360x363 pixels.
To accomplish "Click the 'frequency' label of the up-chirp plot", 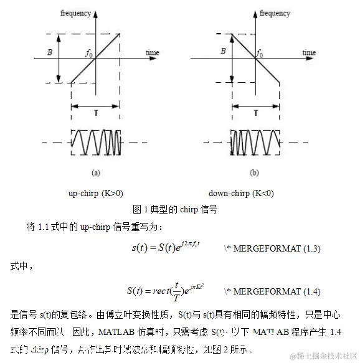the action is tap(77, 12).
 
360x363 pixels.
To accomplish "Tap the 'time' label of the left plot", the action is tap(153, 53).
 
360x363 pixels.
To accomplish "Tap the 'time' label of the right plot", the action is tap(308, 53).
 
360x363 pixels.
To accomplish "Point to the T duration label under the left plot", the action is tap(96, 115).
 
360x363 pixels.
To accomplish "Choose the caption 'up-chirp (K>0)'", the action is tap(95, 194).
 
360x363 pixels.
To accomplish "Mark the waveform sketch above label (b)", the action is tap(254, 143).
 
